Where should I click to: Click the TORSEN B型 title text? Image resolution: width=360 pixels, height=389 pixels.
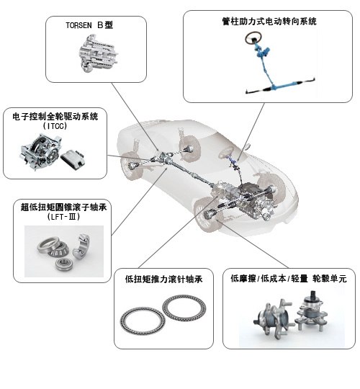[x=89, y=25]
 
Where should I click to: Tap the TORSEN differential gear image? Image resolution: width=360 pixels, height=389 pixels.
[x=97, y=53]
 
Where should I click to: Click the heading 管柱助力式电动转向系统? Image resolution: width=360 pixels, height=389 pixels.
[x=269, y=22]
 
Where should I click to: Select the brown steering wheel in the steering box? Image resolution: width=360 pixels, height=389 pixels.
[x=254, y=37]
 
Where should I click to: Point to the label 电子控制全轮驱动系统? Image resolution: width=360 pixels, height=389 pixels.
[x=55, y=117]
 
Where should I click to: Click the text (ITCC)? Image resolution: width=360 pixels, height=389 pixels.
[x=55, y=126]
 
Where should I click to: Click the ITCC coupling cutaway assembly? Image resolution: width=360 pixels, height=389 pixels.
[x=40, y=152]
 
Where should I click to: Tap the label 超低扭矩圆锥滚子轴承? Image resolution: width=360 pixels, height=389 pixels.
[x=63, y=207]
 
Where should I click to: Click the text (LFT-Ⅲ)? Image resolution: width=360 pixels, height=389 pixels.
[x=63, y=217]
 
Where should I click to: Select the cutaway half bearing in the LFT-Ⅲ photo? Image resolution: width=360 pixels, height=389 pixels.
[x=81, y=246]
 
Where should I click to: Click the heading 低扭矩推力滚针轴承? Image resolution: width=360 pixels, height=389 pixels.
[x=163, y=280]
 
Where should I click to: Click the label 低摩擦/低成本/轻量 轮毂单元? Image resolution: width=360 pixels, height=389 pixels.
[x=289, y=278]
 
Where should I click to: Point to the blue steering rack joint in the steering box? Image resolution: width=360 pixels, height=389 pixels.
[x=274, y=87]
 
